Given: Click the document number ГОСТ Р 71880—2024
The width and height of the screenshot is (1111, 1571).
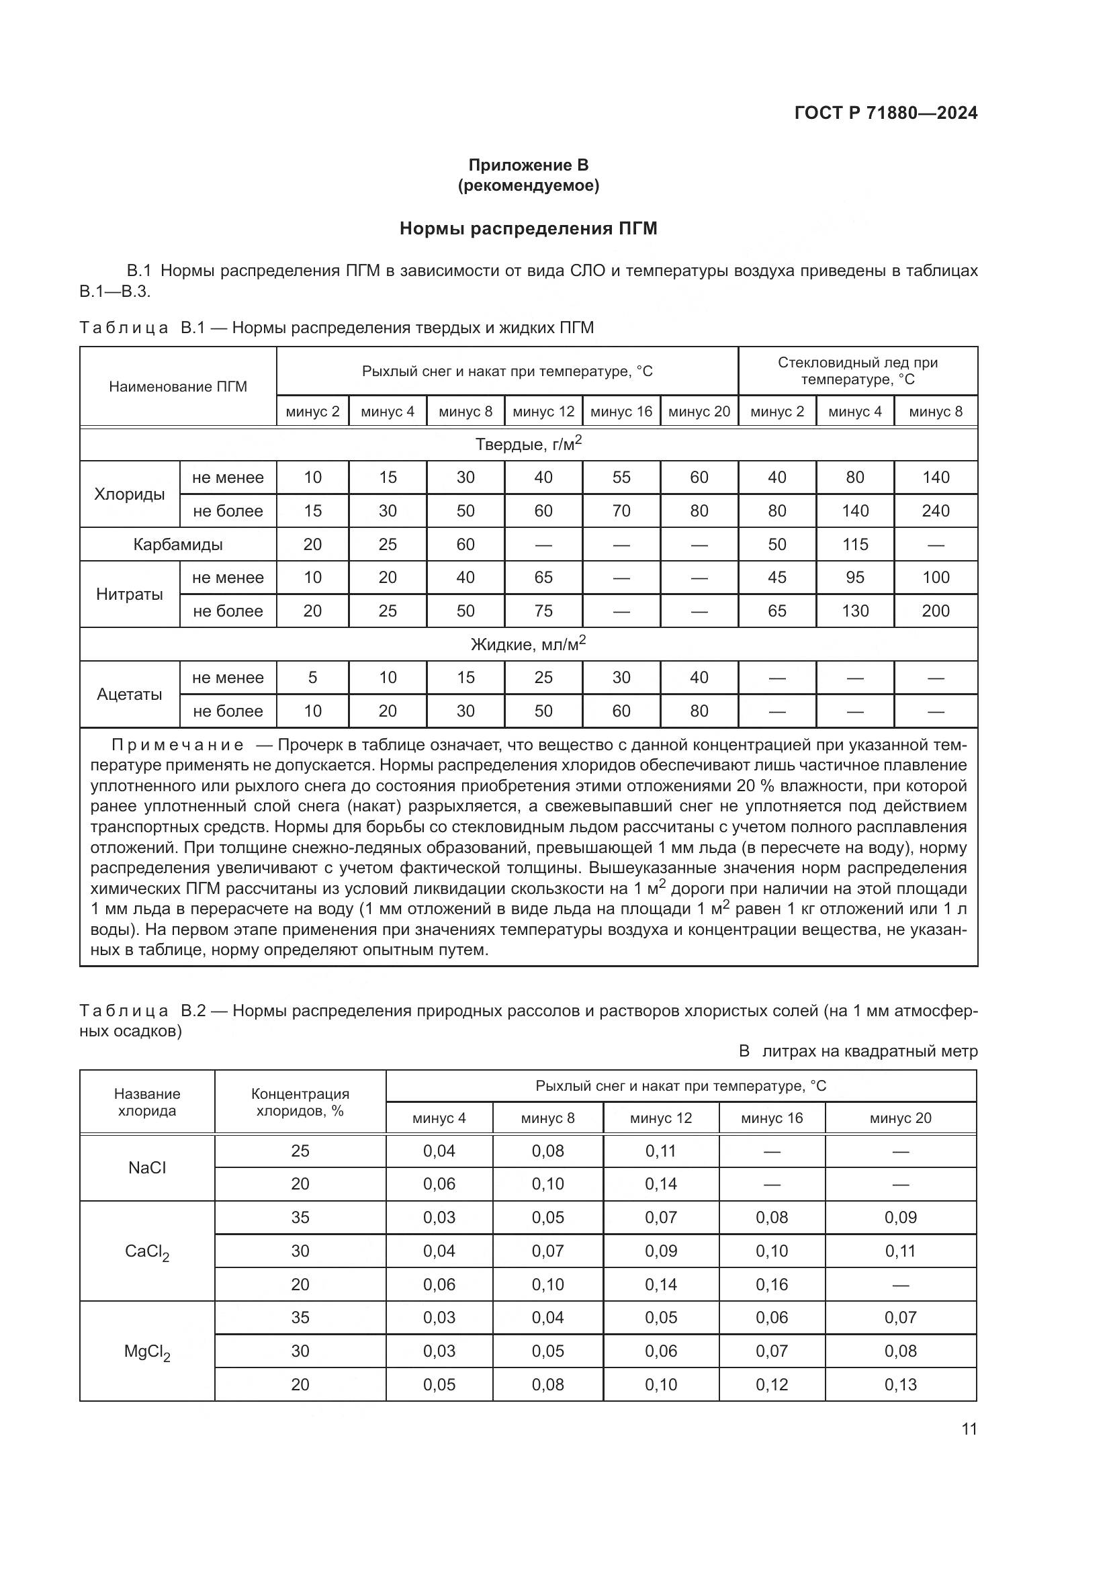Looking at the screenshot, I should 885,113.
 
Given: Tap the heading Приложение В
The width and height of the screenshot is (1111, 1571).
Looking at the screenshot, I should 528,165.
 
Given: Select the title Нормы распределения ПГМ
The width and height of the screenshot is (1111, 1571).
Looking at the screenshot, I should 528,228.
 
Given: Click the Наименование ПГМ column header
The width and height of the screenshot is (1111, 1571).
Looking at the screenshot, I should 178,387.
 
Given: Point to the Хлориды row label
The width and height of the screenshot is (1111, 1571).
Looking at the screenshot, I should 129,494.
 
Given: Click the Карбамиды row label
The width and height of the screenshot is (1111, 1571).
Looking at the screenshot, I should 178,545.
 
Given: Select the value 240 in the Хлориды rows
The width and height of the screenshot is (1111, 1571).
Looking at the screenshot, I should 935,511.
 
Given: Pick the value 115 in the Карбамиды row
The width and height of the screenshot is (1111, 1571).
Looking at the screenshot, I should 854,545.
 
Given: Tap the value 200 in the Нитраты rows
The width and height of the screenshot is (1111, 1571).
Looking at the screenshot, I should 935,611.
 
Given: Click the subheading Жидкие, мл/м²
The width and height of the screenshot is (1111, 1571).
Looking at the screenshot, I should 528,644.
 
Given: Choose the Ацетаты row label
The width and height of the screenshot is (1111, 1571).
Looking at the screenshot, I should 129,694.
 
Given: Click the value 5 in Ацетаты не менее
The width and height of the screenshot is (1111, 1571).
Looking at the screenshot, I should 312,678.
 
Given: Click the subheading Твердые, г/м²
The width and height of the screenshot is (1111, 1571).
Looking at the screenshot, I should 528,444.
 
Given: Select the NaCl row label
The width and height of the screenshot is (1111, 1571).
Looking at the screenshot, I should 147,1167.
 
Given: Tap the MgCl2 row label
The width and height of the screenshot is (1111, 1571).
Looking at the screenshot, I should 147,1351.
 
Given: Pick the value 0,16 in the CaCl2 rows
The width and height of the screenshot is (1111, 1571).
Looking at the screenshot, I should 772,1284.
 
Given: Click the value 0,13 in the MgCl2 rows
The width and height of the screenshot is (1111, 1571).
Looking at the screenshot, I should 900,1384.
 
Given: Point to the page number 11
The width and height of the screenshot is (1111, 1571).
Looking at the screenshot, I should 969,1429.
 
